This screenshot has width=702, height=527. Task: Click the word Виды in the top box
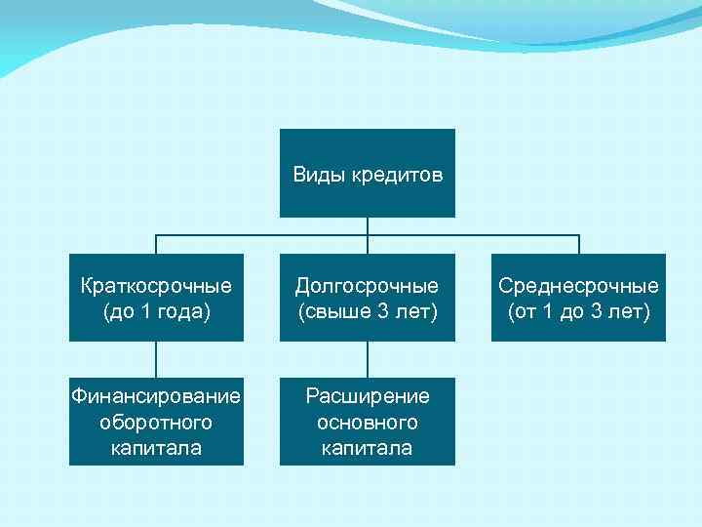pos(313,176)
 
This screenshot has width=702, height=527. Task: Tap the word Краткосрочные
pos(156,286)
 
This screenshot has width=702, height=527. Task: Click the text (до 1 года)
pos(156,311)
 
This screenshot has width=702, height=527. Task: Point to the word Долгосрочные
pos(368,286)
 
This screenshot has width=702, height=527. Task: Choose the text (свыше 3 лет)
pos(368,311)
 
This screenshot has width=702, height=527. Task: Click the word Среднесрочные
pos(578,286)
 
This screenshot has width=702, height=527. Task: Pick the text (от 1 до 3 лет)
pos(578,311)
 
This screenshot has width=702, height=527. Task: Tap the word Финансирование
pos(156,396)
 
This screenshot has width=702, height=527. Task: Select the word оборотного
pos(156,423)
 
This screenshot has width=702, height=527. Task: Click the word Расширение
pos(368,396)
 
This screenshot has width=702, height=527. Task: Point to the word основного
pos(368,423)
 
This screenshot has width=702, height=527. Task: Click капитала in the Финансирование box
pos(156,448)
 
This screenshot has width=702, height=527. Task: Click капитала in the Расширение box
pos(368,448)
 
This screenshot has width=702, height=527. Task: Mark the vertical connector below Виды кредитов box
pos(368,226)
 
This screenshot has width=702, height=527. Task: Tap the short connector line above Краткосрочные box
pos(156,244)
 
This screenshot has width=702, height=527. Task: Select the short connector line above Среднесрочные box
pos(578,244)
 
